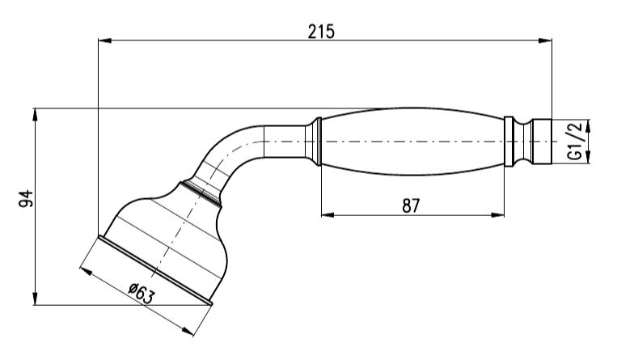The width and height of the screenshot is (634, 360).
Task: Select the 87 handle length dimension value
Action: (x=410, y=205)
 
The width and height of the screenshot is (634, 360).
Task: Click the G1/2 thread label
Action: (x=575, y=141)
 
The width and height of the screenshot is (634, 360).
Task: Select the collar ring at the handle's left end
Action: (x=316, y=142)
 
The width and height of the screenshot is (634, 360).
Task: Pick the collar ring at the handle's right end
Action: (x=509, y=142)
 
